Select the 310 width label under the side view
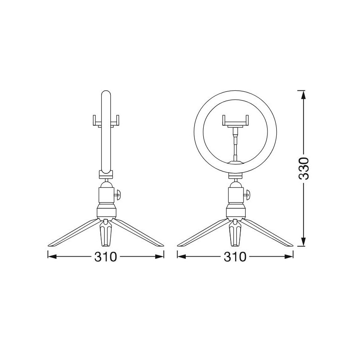point(106,257)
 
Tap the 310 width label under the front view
point(235,257)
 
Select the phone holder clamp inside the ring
point(236,121)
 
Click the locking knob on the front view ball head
point(248,193)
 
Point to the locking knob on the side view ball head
point(118,193)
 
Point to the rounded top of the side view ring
point(106,94)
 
